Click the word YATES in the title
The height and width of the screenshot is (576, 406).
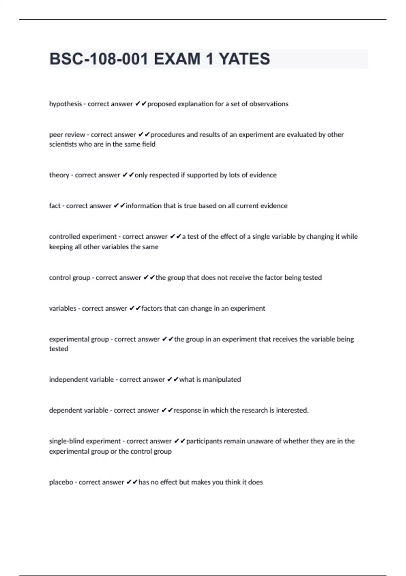[244, 59]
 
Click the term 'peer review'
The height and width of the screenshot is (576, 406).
[67, 135]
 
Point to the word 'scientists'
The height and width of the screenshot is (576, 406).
[63, 144]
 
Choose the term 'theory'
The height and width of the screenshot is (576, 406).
[59, 175]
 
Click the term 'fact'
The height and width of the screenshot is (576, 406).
[54, 206]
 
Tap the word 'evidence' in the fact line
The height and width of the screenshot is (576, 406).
[274, 206]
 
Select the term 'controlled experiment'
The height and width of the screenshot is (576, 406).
[83, 237]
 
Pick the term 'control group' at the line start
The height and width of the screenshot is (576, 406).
[69, 278]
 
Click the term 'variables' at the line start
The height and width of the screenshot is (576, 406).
[63, 309]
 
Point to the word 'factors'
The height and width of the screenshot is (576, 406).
[152, 309]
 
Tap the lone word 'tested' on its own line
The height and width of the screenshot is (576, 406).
[59, 349]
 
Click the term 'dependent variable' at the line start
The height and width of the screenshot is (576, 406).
[78, 411]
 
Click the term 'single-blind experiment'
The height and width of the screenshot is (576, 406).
[85, 441]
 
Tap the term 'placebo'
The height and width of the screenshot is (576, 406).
[61, 482]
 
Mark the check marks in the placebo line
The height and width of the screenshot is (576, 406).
[132, 482]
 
